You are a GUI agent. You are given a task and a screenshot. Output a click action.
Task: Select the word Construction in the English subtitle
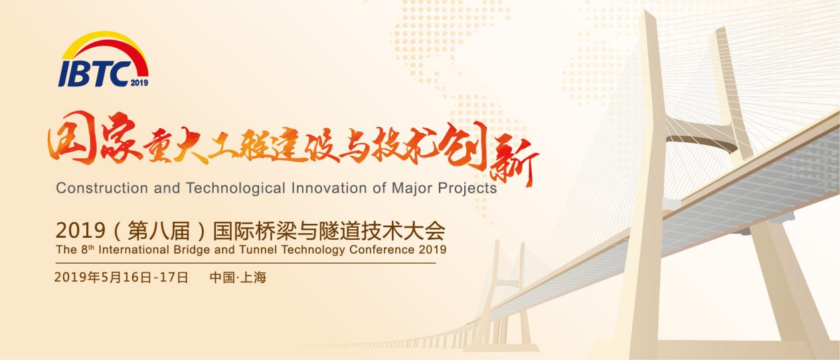click(102, 188)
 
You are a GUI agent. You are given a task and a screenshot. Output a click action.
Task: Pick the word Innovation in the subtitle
click(329, 188)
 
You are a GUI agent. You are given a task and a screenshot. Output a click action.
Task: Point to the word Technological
click(236, 188)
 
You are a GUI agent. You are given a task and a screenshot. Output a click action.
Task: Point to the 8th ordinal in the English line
click(88, 249)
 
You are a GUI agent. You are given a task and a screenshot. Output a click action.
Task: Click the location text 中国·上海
click(238, 278)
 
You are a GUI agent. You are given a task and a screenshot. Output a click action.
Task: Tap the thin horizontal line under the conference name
click(246, 263)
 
